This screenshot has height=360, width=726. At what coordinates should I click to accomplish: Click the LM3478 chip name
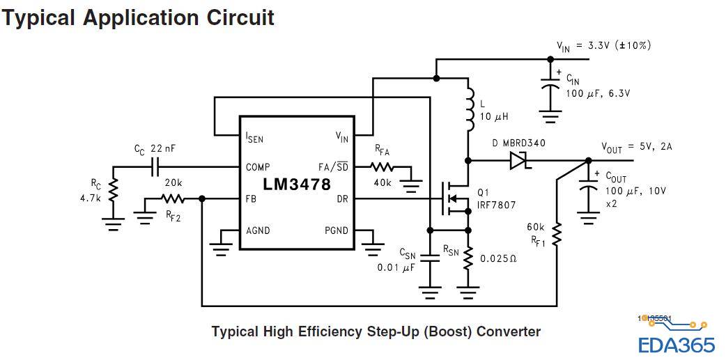pyautogui.click(x=297, y=185)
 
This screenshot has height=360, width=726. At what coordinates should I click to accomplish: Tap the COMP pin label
pyautogui.click(x=258, y=167)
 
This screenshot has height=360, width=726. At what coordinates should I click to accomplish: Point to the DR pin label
pyautogui.click(x=343, y=198)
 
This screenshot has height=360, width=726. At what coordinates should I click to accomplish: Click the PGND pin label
pyautogui.click(x=337, y=230)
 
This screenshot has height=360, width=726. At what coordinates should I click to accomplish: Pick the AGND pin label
pyautogui.click(x=258, y=230)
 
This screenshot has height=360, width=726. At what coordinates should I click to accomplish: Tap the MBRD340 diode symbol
pyautogui.click(x=517, y=161)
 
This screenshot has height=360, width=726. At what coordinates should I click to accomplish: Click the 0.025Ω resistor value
pyautogui.click(x=502, y=258)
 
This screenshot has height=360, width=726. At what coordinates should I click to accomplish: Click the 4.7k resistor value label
pyautogui.click(x=91, y=198)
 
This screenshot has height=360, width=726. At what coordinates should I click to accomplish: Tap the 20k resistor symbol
pyautogui.click(x=172, y=199)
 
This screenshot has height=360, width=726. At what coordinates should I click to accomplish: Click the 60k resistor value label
pyautogui.click(x=535, y=227)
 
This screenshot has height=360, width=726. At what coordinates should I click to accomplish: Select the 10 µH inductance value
pyautogui.click(x=494, y=116)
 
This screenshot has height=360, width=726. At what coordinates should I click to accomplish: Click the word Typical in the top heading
pyautogui.click(x=39, y=17)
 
